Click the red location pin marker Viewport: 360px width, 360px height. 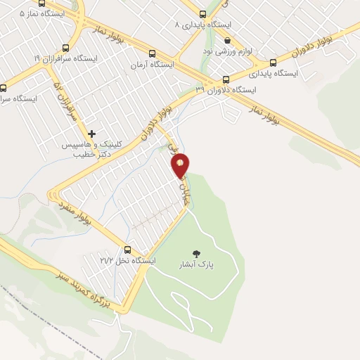(181, 165)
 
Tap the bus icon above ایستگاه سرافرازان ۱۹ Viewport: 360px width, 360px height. (66, 48)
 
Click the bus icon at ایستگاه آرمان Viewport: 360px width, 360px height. (152, 53)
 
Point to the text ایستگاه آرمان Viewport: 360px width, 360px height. (151, 65)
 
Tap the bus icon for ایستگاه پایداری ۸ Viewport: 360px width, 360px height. (203, 13)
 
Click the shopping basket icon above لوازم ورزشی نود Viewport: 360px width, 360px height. (227, 41)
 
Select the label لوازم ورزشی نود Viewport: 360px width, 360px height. (228, 52)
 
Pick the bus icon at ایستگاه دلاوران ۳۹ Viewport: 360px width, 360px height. (226, 79)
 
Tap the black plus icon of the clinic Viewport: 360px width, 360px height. (91, 133)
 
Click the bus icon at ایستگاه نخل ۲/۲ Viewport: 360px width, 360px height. (127, 249)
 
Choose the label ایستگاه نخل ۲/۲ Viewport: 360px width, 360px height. (127, 261)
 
